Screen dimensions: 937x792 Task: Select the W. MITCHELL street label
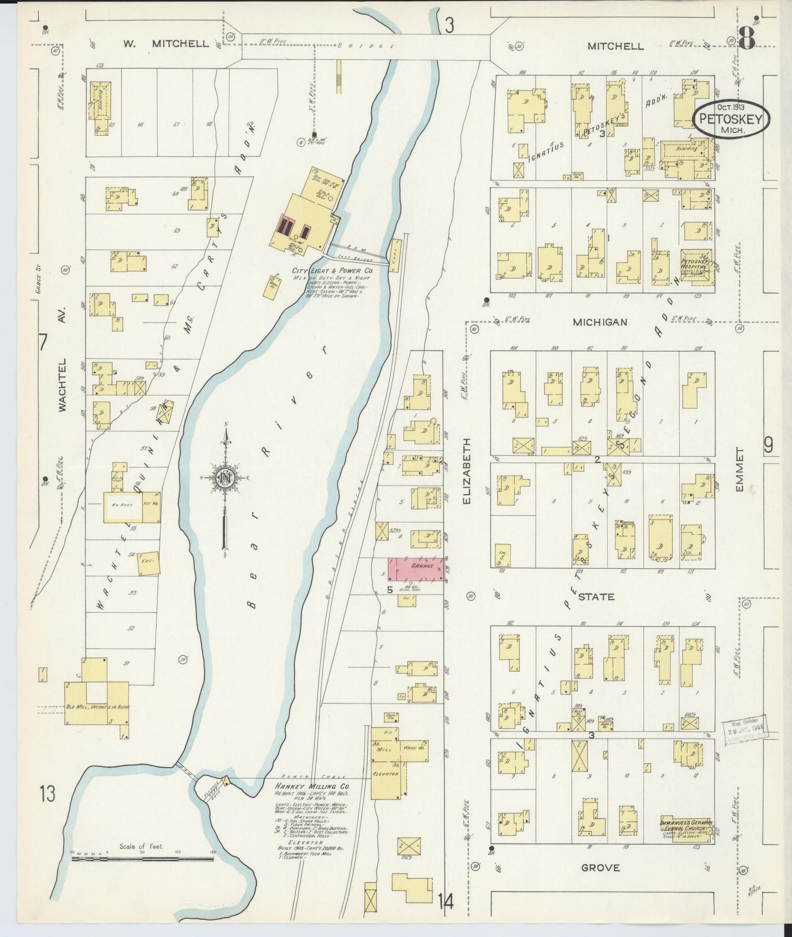[x=166, y=44]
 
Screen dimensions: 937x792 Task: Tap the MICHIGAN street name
[x=600, y=322]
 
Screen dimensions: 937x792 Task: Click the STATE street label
[x=596, y=596]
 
